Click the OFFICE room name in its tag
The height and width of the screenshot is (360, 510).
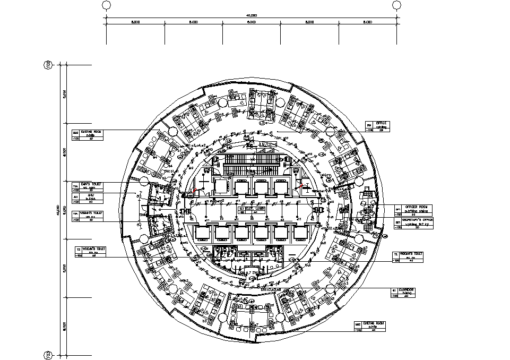pyautogui.click(x=383, y=123)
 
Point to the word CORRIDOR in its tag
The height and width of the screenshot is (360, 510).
pyautogui.click(x=408, y=290)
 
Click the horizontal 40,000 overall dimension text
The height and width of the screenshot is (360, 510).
pyautogui.click(x=251, y=15)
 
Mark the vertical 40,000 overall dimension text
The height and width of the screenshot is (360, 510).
pyautogui.click(x=57, y=210)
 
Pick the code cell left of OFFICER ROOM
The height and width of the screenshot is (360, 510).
pyautogui.click(x=398, y=210)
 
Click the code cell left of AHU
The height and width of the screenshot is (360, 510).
pyautogui.click(x=75, y=196)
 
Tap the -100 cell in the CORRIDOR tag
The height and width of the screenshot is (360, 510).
pyautogui.click(x=394, y=296)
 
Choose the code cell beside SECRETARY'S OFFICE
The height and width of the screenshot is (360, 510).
pyautogui.click(x=398, y=222)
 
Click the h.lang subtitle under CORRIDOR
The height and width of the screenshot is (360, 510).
pyautogui.click(x=408, y=293)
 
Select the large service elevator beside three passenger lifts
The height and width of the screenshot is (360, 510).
pyautogui.click(x=220, y=186)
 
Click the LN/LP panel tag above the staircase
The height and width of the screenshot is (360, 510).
pyautogui.click(x=267, y=144)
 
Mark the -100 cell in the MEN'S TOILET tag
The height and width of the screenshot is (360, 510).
pyautogui.click(x=76, y=190)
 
